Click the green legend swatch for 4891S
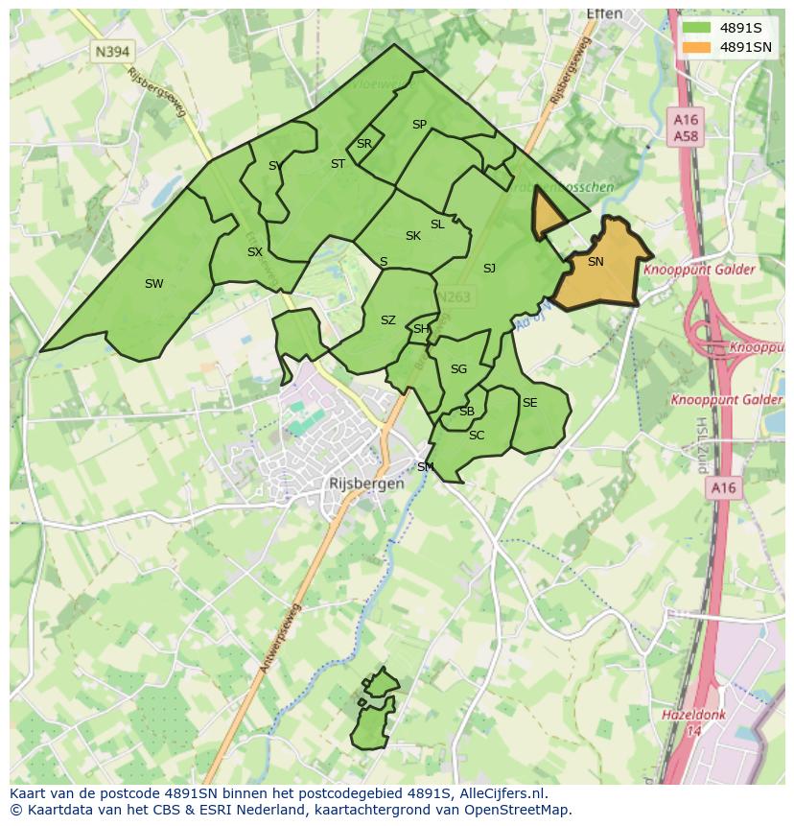click(x=697, y=28)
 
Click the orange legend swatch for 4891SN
click(x=697, y=47)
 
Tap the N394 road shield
click(x=113, y=51)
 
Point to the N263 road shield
click(x=454, y=297)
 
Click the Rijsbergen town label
click(x=366, y=484)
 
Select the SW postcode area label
click(x=153, y=283)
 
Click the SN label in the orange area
click(x=595, y=262)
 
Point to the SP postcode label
click(x=419, y=125)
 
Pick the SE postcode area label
click(x=529, y=403)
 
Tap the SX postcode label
click(x=254, y=252)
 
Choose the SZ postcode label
click(x=387, y=320)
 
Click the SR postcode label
click(x=363, y=144)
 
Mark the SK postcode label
click(x=412, y=236)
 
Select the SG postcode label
click(x=458, y=369)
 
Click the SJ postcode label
click(x=489, y=269)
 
